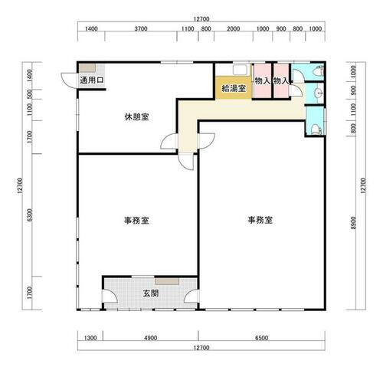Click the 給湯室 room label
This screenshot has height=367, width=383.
[234, 89]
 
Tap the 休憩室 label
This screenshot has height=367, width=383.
[136, 117]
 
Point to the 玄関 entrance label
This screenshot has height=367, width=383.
[150, 293]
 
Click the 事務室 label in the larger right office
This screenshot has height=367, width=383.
[260, 220]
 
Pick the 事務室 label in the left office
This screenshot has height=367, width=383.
[136, 220]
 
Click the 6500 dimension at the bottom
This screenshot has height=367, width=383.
[261, 338]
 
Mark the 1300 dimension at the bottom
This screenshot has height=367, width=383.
[90, 338]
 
